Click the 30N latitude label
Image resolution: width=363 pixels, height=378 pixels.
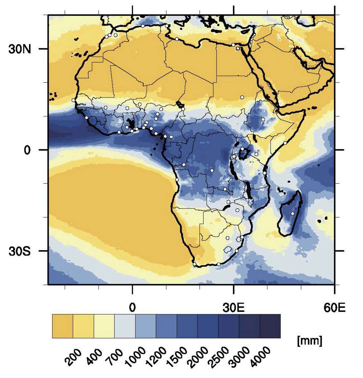pyautogui.click(x=20, y=49)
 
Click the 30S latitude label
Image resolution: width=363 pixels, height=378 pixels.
pyautogui.click(x=20, y=251)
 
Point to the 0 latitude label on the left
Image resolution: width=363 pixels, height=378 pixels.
pyautogui.click(x=27, y=150)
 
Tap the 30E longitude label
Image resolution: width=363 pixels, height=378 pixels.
pyautogui.click(x=234, y=308)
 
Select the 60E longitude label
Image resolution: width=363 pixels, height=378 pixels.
pyautogui.click(x=334, y=308)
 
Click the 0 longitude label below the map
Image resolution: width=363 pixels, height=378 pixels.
pyautogui.click(x=132, y=308)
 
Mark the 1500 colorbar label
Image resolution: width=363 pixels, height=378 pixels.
pyautogui.click(x=177, y=357)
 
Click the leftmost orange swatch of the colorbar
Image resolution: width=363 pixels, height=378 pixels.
pyautogui.click(x=62, y=326)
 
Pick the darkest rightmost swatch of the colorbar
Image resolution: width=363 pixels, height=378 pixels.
pyautogui.click(x=270, y=326)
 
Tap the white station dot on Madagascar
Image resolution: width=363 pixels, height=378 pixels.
pyautogui.click(x=292, y=213)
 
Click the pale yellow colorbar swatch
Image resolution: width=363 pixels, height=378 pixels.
pyautogui.click(x=104, y=326)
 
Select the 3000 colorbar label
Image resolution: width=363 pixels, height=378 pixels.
pyautogui.click(x=240, y=357)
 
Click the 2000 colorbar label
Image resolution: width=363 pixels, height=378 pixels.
pyautogui.click(x=198, y=357)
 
